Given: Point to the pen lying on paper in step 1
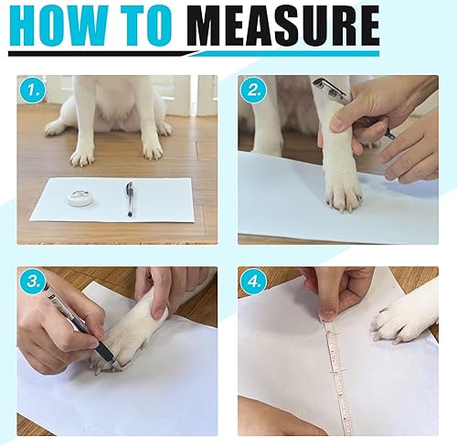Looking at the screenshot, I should pyautogui.click(x=130, y=198).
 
